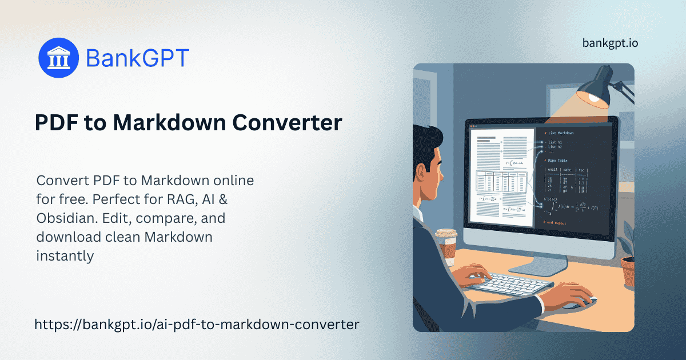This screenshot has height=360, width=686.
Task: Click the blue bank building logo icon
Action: [x=58, y=58]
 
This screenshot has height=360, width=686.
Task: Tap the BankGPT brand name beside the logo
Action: [x=137, y=58]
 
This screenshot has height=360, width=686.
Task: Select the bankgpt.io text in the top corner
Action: [x=610, y=43]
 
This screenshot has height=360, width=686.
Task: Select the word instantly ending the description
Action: [x=65, y=256]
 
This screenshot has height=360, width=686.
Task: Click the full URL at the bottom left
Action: [x=197, y=325]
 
